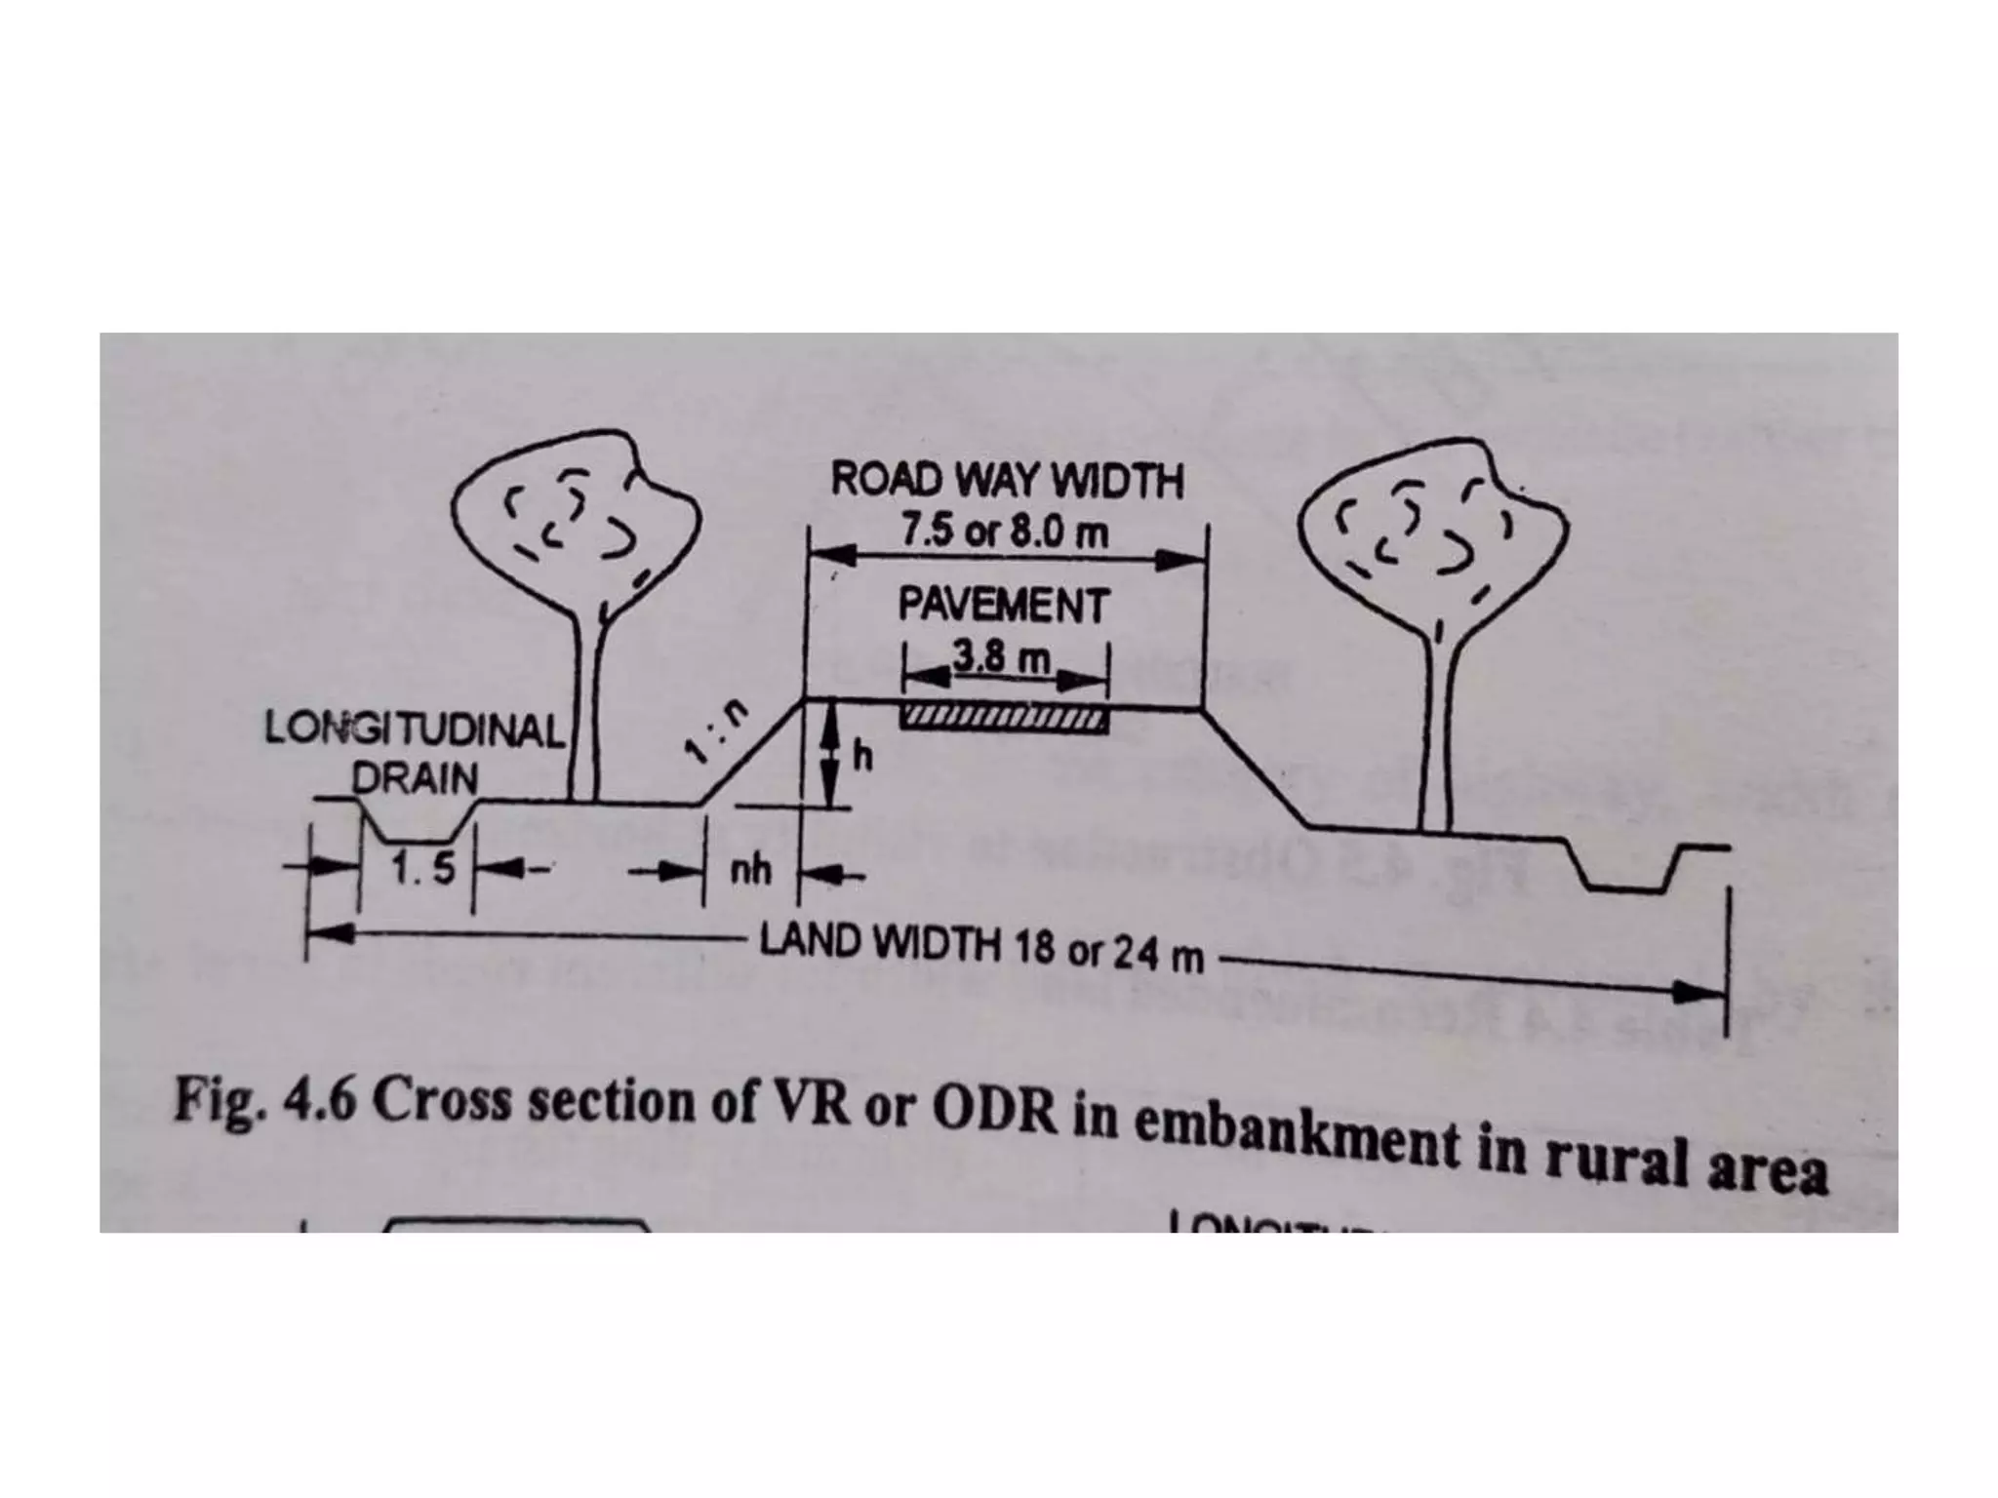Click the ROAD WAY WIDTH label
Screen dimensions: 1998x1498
pyautogui.click(x=1006, y=482)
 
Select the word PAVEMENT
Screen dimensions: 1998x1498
pyautogui.click(x=1004, y=606)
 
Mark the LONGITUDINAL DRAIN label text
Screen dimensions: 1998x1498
pyautogui.click(x=415, y=752)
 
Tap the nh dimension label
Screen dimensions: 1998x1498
pyautogui.click(x=750, y=869)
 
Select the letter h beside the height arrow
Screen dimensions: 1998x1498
pyautogui.click(x=863, y=758)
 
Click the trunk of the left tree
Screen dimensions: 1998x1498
pyautogui.click(x=587, y=722)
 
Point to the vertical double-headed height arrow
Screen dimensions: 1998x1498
pyautogui.click(x=830, y=758)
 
